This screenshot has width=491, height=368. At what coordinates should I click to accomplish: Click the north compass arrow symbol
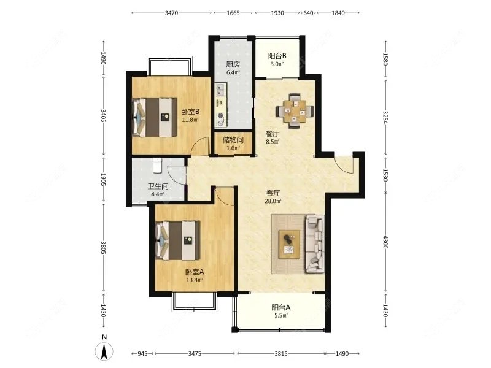104,351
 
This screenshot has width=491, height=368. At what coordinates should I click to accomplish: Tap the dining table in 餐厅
295,111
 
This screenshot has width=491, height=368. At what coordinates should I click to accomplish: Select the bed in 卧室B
154,117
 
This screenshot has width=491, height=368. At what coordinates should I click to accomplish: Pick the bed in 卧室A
177,240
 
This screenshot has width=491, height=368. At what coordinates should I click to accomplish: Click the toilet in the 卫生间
157,166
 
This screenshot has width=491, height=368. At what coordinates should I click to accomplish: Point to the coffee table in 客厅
289,244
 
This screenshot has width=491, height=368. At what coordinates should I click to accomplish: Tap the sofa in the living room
315,243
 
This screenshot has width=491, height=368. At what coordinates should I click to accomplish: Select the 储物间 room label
233,140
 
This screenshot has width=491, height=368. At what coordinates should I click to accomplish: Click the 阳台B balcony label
277,56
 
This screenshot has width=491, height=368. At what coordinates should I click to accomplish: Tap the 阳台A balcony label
281,307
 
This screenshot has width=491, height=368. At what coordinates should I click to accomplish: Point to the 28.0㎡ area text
273,201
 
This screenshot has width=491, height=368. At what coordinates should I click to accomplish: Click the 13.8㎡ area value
195,280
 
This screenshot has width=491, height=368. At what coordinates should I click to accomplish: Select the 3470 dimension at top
171,13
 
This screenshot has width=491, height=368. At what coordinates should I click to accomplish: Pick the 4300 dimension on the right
385,242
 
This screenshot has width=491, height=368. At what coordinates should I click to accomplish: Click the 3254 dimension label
385,117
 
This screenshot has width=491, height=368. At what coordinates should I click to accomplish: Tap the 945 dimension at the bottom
142,354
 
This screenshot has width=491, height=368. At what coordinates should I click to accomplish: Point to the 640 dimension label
309,13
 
